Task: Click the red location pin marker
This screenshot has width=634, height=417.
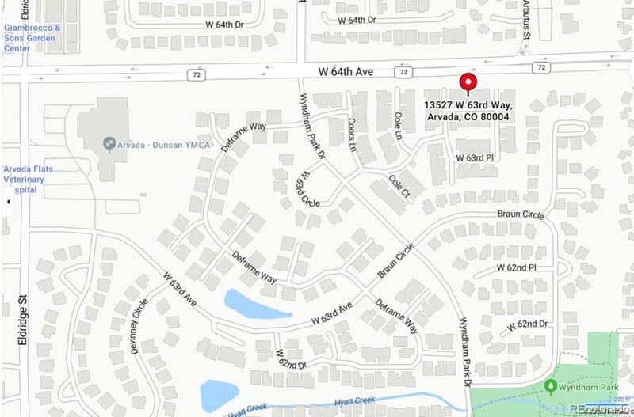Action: click(468, 83)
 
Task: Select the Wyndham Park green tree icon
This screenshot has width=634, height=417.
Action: click(551, 385)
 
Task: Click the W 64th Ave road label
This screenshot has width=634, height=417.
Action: click(346, 72)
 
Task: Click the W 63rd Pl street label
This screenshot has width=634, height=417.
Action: click(475, 158)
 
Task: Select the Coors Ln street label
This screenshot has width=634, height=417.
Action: click(352, 133)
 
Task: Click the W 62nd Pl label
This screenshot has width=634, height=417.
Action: click(517, 267)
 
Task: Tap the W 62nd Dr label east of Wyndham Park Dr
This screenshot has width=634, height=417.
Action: click(529, 324)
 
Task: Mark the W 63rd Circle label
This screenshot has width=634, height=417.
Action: click(307, 190)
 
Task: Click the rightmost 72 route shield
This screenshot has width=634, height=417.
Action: click(541, 68)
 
